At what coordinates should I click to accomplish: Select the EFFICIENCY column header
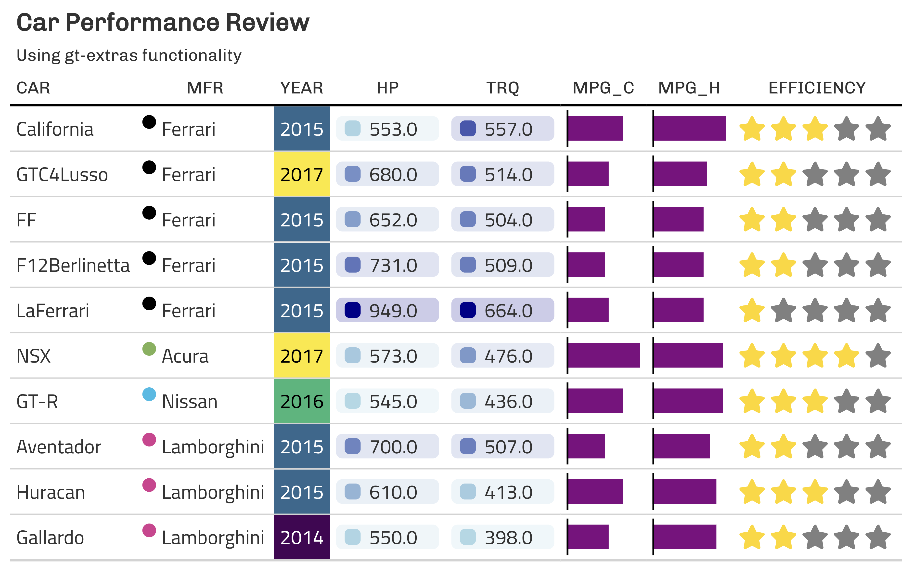[817, 88]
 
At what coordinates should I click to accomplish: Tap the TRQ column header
[502, 88]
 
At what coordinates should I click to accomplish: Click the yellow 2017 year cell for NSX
[302, 356]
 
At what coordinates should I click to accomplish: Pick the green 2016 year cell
[302, 401]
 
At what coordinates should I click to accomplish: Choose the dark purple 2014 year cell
[302, 538]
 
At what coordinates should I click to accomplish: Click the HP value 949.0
[393, 311]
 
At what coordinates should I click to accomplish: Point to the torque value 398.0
[508, 538]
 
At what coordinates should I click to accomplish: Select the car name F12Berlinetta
[73, 265]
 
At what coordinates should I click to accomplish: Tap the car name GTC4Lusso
[62, 175]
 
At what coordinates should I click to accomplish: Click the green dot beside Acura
[149, 349]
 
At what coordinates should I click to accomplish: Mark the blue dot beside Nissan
[149, 394]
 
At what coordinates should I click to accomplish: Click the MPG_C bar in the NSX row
[604, 355]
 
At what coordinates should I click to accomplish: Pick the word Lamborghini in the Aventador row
[213, 447]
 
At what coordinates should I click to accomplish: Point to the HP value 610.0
[393, 492]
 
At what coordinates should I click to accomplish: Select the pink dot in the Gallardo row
[149, 530]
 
